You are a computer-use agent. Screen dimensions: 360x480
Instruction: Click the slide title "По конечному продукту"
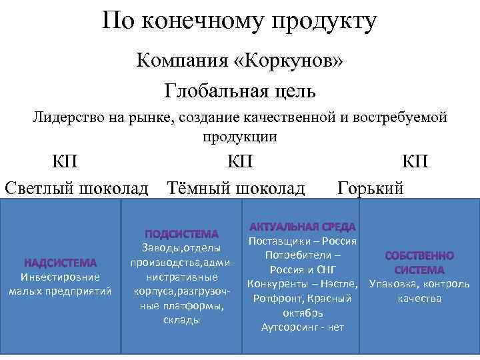(240, 22)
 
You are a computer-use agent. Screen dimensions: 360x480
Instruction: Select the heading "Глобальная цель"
(240, 89)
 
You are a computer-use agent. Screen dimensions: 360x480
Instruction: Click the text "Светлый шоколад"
(77, 187)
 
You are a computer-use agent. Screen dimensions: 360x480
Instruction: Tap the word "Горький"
(371, 187)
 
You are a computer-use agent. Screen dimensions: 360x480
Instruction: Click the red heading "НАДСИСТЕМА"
(61, 263)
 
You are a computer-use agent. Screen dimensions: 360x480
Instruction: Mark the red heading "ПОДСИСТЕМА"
(181, 234)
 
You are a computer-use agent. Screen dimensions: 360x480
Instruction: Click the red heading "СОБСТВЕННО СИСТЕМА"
(419, 263)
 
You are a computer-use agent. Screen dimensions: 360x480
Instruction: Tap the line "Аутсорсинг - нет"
(303, 327)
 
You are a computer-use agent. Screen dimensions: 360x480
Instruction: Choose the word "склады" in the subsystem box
(181, 320)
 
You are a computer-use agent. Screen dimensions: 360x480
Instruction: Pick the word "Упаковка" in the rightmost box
(393, 285)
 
